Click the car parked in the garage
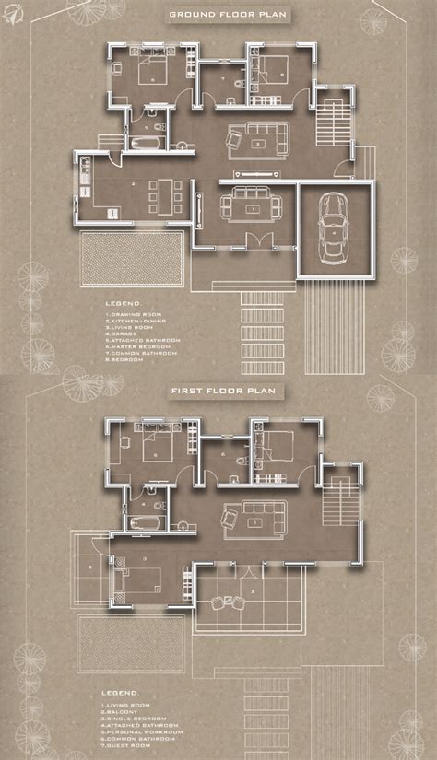click(x=330, y=229)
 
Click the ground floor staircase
click(x=327, y=118)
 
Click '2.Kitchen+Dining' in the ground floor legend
click(x=136, y=321)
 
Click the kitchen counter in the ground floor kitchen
click(x=83, y=184)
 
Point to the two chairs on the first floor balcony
click(x=226, y=603)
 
